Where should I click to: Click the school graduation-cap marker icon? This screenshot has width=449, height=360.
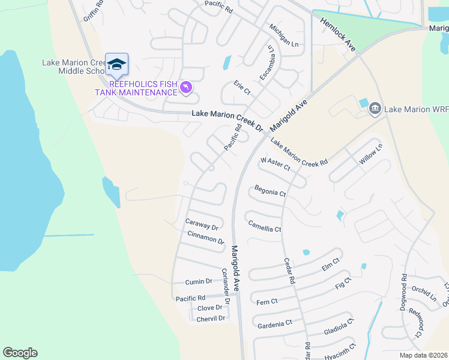tap(116, 65)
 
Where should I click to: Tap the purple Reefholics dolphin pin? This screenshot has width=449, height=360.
tap(187, 88)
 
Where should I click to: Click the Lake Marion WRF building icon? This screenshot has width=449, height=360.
tap(376, 108)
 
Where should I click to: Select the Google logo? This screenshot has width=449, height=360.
tap(20, 353)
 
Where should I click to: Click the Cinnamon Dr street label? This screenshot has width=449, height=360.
tap(205, 237)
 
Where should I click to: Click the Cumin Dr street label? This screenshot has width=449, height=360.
tap(199, 281)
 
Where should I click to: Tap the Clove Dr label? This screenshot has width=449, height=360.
tap(209, 308)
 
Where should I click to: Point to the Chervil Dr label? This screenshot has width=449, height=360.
tap(211, 318)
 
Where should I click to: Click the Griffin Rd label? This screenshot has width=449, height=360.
tap(94, 11)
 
